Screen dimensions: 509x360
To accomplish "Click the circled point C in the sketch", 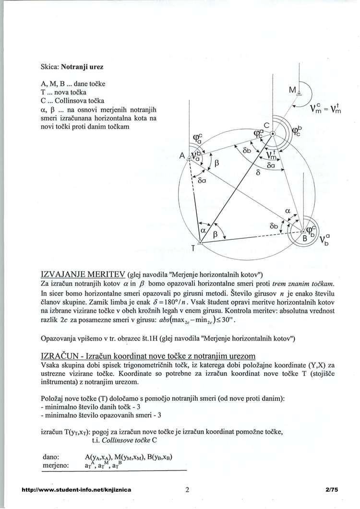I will [273, 134].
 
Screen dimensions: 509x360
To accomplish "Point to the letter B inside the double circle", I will [304, 237].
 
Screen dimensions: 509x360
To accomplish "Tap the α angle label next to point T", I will [203, 231].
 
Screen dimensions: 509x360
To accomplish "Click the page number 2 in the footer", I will [187, 490].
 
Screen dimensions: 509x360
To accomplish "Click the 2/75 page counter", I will [331, 490].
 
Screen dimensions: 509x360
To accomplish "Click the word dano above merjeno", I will [50, 456].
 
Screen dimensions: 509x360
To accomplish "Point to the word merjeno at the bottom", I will [56, 465].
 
